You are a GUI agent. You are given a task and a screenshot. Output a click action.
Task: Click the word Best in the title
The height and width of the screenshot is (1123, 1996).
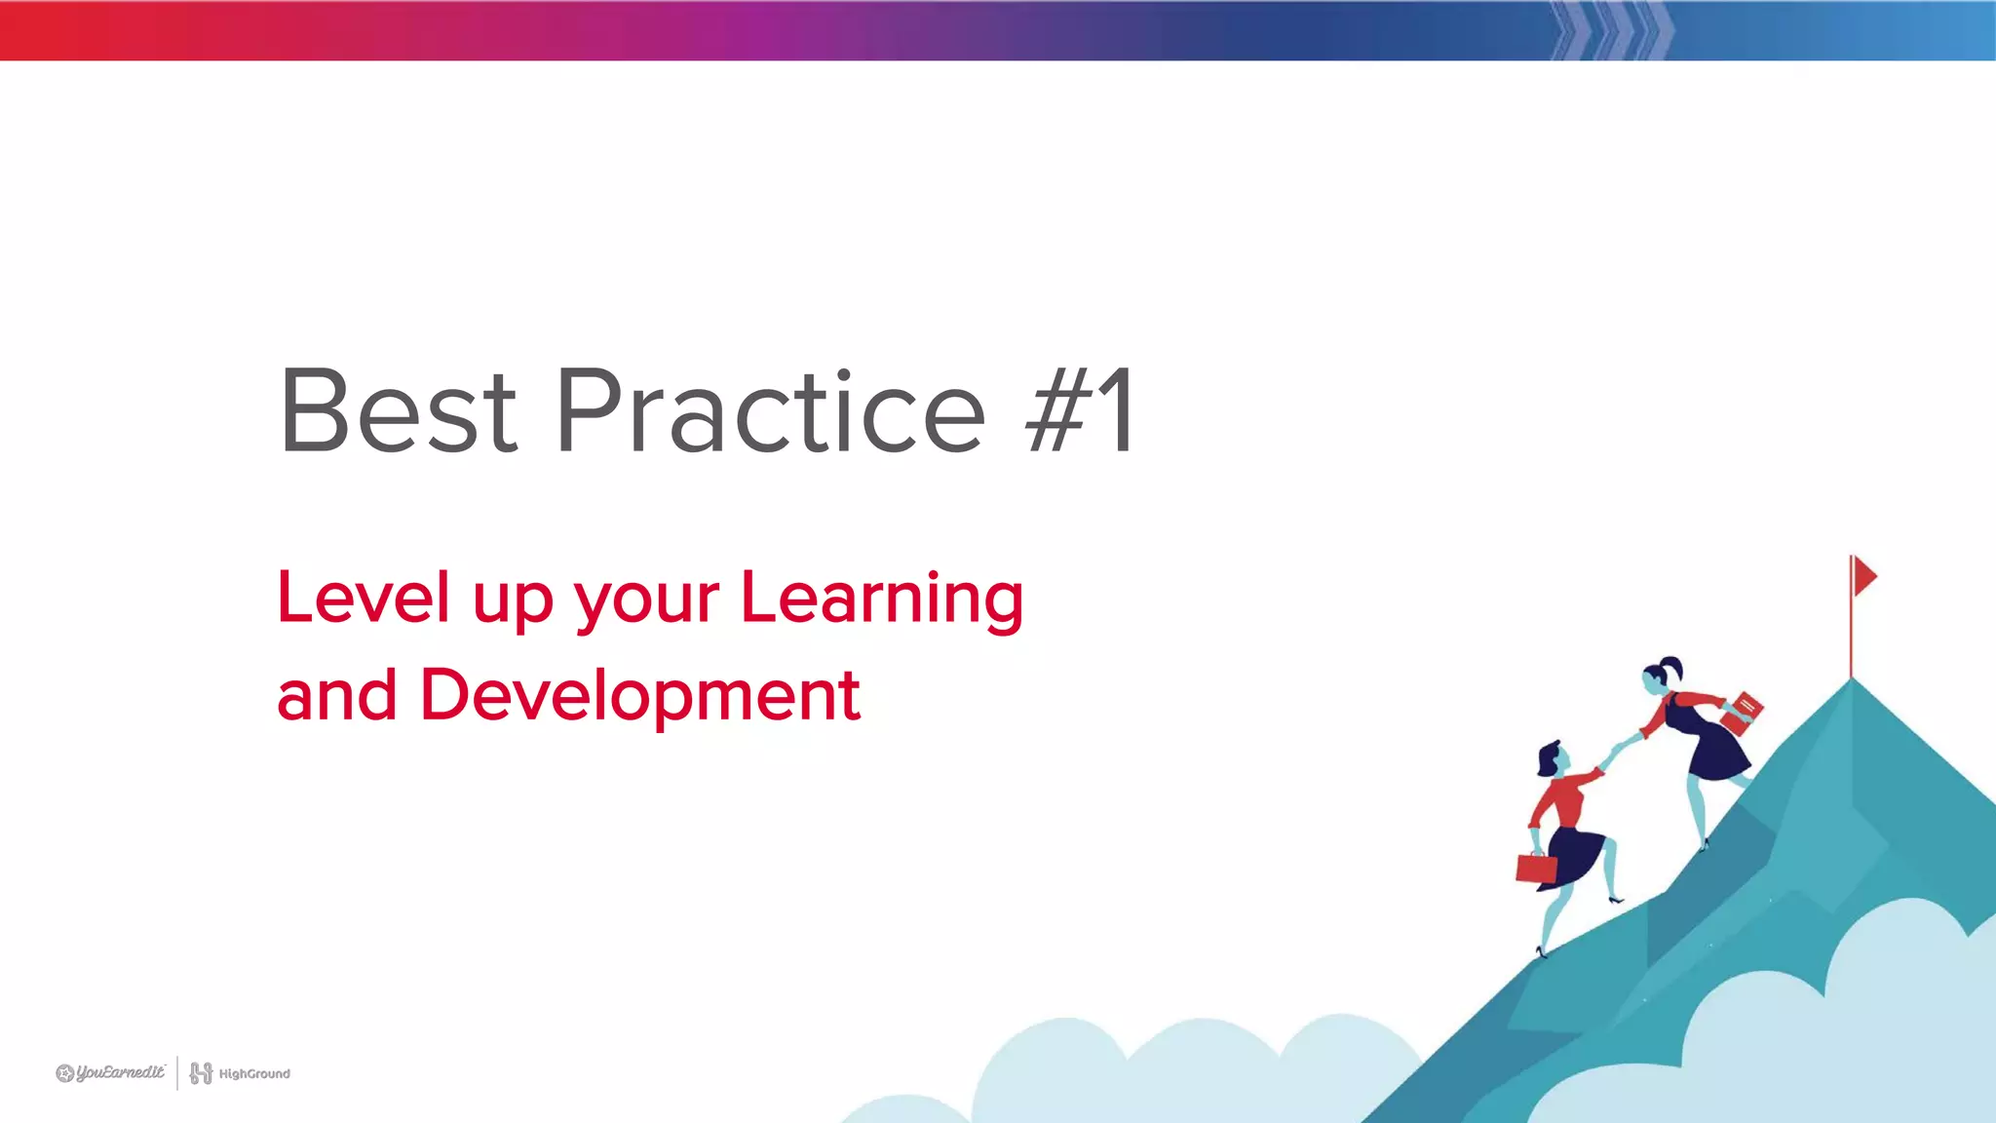point(398,411)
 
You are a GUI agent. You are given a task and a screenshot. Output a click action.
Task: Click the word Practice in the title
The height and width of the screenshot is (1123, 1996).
point(770,411)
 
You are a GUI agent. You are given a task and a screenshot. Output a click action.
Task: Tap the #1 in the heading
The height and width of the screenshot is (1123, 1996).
point(1080,411)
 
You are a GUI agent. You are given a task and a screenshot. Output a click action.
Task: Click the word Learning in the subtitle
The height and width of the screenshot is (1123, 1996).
point(882,599)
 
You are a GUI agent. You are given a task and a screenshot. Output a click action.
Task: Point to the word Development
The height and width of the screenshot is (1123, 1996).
point(639,696)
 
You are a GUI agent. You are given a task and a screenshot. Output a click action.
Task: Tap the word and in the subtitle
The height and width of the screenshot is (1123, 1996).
point(337,696)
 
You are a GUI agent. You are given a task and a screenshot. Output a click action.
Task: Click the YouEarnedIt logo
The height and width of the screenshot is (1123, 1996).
point(110,1073)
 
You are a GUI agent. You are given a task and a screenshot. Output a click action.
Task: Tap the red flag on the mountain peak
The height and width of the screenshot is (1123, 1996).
point(1864,576)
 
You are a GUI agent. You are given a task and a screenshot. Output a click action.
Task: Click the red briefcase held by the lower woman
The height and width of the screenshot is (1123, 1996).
point(1536,867)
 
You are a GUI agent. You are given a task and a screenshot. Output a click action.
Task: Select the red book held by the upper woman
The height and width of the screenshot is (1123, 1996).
point(1743,713)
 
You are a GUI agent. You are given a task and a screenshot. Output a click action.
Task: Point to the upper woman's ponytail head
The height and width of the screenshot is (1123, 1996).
point(1661,676)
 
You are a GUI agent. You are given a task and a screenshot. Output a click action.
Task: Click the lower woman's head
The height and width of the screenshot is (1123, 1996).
point(1551,758)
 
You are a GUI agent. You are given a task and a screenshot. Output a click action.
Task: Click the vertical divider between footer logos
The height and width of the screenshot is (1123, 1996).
point(177,1073)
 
